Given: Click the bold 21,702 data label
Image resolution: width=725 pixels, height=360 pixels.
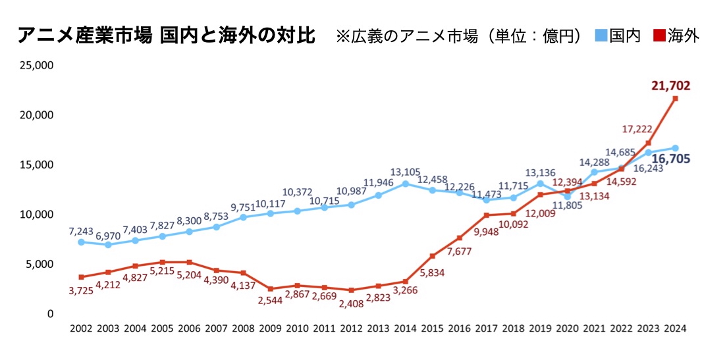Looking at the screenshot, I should coord(671,86).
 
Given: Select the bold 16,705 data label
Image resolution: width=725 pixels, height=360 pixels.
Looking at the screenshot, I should coord(672,159).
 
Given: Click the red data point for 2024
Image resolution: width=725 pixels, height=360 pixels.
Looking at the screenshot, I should coord(675,99).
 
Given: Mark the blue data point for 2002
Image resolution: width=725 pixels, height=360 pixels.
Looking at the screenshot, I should coord(81,242).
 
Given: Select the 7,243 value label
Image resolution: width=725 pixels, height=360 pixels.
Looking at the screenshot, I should coord(82,232).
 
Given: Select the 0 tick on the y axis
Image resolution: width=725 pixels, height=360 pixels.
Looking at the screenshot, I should coord(49,314).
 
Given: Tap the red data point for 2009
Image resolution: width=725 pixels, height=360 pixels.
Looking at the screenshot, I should coord(270,289).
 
